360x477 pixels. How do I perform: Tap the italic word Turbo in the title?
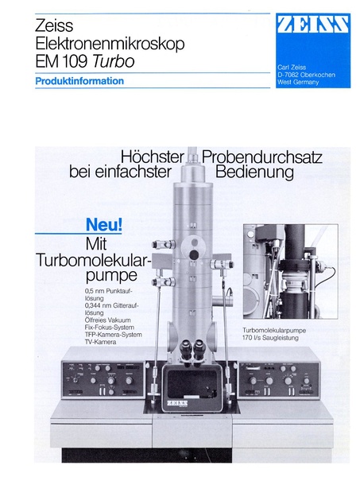(116, 60)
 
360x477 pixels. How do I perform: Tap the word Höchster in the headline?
(153, 156)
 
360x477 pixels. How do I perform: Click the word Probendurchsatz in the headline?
(263, 156)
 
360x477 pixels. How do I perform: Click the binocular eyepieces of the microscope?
(189, 350)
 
